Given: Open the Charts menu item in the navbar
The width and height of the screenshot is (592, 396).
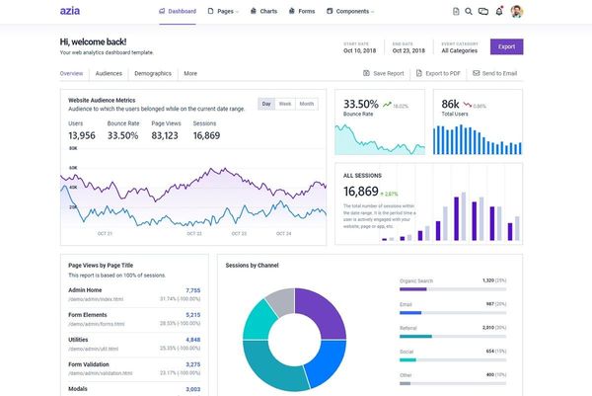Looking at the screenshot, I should (x=263, y=11).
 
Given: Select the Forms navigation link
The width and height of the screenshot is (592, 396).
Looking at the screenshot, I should (x=304, y=11).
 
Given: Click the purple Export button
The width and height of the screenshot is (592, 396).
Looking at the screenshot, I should (x=506, y=46).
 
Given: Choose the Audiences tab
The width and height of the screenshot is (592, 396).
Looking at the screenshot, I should (x=108, y=73).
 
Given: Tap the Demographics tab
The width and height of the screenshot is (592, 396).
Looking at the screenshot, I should (x=152, y=73).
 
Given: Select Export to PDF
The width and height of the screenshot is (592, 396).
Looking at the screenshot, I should (x=437, y=73).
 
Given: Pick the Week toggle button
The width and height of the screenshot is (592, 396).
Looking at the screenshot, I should (x=284, y=104).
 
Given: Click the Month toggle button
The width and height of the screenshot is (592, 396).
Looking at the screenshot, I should (x=307, y=104).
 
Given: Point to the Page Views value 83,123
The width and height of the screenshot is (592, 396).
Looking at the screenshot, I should (x=165, y=135).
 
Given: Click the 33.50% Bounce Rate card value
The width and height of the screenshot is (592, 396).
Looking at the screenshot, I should (x=360, y=104).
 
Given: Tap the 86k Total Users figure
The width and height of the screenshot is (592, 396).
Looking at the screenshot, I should (x=450, y=104).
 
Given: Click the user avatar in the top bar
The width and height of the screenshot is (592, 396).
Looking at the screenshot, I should (x=517, y=11).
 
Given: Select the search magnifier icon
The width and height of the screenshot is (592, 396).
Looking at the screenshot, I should (x=469, y=11).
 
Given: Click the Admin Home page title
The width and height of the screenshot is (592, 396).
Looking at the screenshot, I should (x=87, y=290).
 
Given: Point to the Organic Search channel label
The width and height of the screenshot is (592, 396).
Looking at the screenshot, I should (x=415, y=280).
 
